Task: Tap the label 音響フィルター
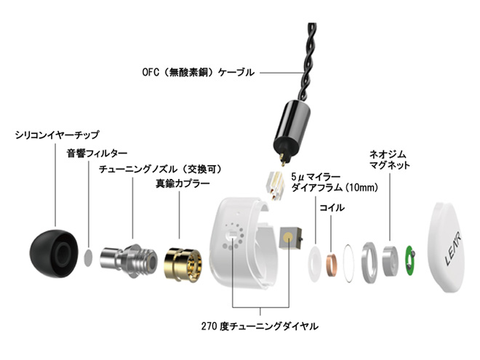pos(97,153)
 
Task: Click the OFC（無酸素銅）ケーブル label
pos(199,72)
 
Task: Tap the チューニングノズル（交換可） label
pos(159,169)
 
